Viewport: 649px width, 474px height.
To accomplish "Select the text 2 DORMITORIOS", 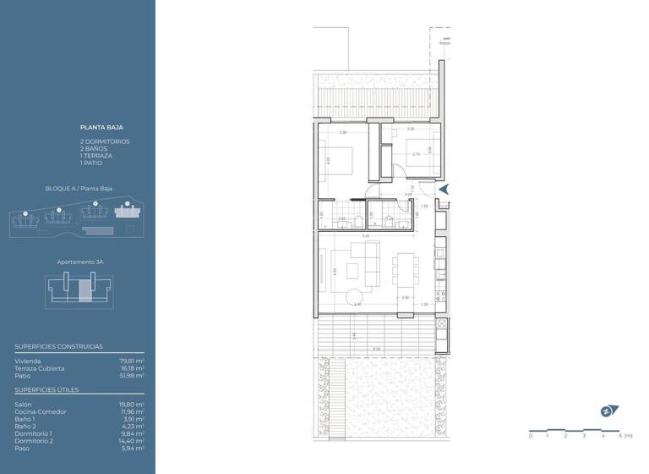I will coord(106,141).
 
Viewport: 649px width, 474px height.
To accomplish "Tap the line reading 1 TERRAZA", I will coord(95,156).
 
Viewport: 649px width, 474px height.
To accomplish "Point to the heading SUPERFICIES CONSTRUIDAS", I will coord(58,346).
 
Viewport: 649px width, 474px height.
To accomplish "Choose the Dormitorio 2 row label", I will coord(34,441).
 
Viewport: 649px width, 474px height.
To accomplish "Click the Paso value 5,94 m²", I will coord(134,448).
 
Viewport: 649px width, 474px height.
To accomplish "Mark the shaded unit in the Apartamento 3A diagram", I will coord(82,290).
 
